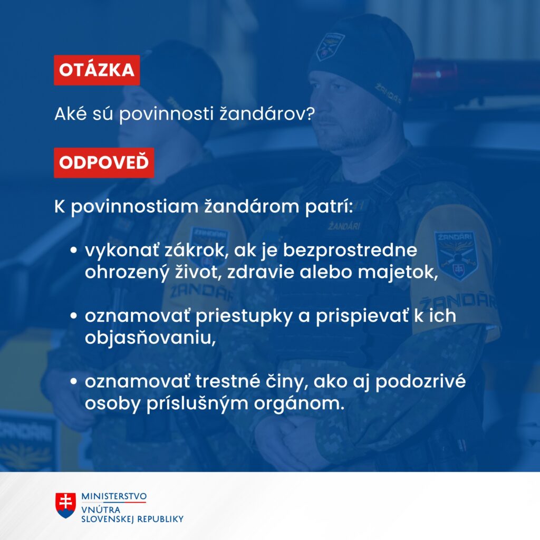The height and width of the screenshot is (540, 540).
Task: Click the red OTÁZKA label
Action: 97,70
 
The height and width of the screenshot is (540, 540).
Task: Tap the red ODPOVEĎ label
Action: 104,162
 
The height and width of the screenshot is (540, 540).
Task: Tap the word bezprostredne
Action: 354,250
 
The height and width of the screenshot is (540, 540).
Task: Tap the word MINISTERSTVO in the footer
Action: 114,497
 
